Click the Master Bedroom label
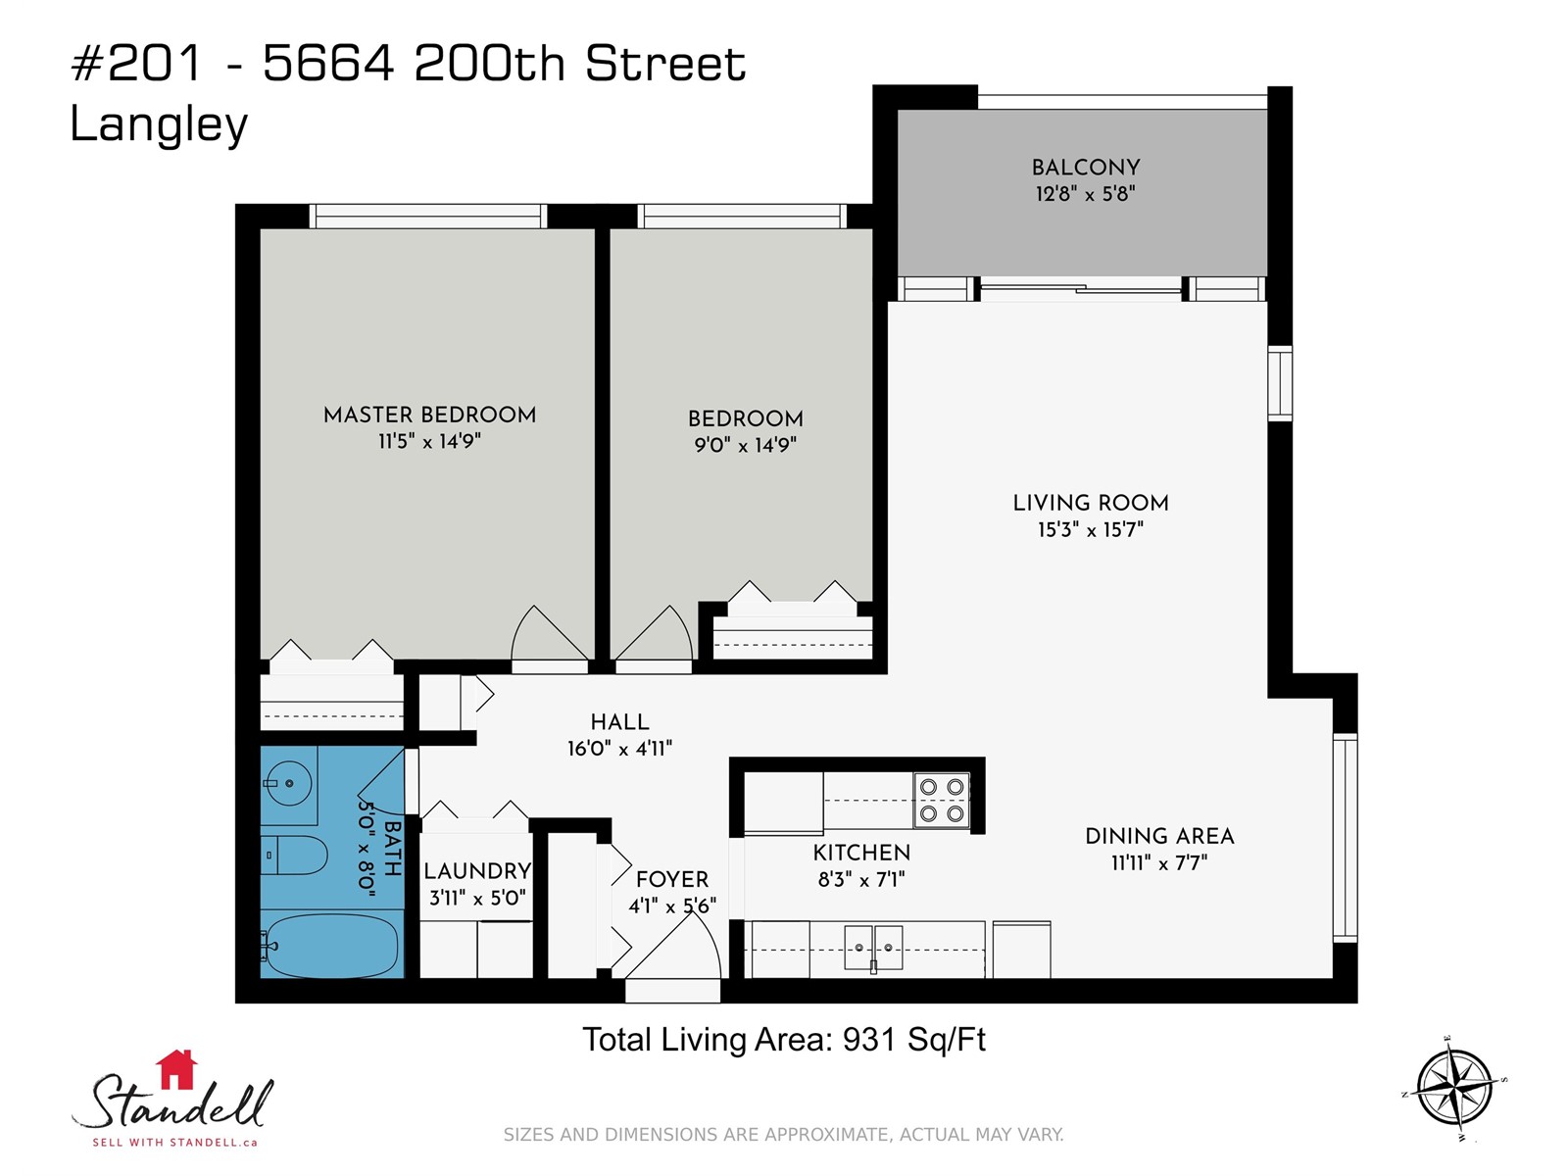429,415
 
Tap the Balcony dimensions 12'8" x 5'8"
1085,194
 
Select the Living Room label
1091,504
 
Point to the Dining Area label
1159,836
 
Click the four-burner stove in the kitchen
942,801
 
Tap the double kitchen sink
873,948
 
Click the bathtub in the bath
329,946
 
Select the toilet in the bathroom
294,855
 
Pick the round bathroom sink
288,783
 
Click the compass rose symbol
1454,1089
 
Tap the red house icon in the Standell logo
176,1069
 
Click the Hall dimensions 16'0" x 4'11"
619,749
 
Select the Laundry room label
477,871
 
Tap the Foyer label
672,879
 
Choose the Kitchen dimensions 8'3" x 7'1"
861,880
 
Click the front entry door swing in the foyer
673,946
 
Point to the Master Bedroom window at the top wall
428,216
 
